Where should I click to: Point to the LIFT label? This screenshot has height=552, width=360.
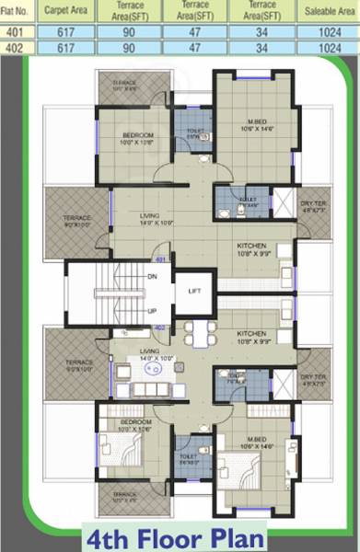[194, 291]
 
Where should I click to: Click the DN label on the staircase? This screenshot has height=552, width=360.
[152, 276]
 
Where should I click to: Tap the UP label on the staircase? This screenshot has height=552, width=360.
[152, 310]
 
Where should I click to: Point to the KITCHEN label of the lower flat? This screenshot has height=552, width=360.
[252, 334]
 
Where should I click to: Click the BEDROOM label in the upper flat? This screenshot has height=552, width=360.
[136, 135]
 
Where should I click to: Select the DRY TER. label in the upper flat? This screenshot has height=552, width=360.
[313, 203]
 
